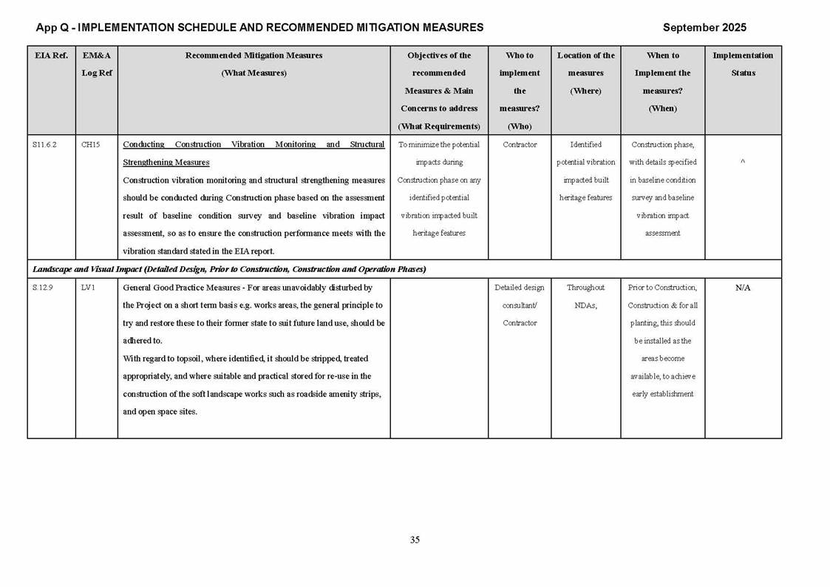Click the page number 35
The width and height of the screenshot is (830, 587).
[x=415, y=540]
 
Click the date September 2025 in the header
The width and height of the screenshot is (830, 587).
[x=704, y=27]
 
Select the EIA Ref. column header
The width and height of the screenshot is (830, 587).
[x=51, y=55]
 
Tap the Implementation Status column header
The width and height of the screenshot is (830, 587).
[x=743, y=64]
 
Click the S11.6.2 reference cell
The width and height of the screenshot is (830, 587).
[x=44, y=145]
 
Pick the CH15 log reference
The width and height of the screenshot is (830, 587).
[x=90, y=145]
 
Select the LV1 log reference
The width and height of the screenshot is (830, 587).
[x=88, y=288]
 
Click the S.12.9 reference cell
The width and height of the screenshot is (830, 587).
[x=43, y=288]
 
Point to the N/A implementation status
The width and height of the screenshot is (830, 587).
[x=743, y=288]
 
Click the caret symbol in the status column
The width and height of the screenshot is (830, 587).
[x=742, y=163]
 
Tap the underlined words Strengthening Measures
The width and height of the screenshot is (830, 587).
[x=166, y=163]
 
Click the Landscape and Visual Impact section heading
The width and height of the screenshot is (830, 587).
[x=229, y=269]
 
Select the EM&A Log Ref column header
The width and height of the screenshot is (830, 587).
[x=96, y=64]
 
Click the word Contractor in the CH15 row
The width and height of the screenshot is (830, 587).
[x=520, y=145]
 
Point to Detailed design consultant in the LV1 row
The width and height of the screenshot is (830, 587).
[x=519, y=296]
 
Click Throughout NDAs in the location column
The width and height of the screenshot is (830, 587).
[x=585, y=296]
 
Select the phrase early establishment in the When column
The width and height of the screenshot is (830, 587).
[x=662, y=394]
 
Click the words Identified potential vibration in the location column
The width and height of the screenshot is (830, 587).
[x=585, y=154]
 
